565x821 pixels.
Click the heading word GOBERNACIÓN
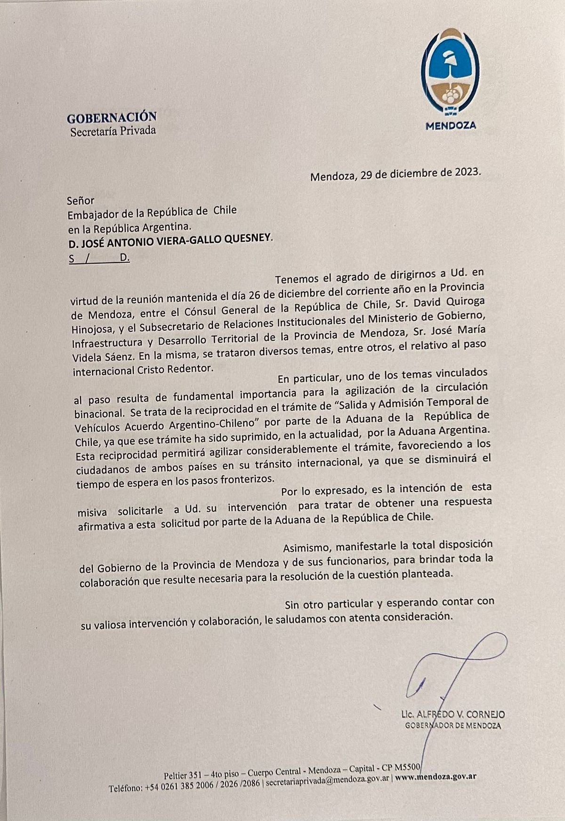[x=112, y=117]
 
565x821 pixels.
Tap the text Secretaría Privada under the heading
[x=113, y=131]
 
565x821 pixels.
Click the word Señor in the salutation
[x=81, y=200]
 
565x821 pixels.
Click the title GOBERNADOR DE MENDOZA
[x=453, y=726]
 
